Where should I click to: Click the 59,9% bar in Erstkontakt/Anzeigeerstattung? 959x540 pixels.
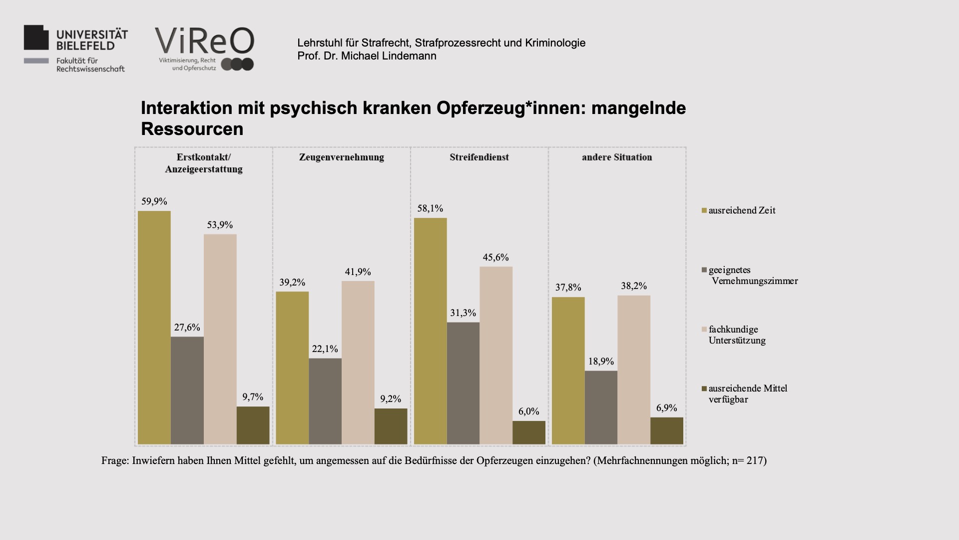[154, 327]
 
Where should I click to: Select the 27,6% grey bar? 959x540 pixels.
[187, 390]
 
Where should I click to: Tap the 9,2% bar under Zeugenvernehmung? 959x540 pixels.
[391, 426]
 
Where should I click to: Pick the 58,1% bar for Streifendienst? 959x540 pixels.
[431, 331]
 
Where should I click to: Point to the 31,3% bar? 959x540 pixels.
[463, 383]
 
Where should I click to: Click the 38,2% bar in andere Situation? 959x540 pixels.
[634, 370]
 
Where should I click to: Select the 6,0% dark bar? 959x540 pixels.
[529, 432]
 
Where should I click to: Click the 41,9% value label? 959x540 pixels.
[358, 272]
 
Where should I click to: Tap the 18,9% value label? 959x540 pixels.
[601, 361]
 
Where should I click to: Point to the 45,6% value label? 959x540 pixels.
[495, 257]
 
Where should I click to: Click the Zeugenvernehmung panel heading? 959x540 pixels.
[342, 157]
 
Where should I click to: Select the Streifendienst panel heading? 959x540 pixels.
[479, 157]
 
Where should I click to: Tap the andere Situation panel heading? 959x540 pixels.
[617, 157]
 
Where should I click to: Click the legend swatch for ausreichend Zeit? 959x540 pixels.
[704, 210]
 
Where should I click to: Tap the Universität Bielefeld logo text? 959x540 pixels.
[92, 40]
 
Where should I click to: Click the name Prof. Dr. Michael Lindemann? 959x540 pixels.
[367, 56]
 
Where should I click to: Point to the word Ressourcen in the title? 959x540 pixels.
[192, 129]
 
